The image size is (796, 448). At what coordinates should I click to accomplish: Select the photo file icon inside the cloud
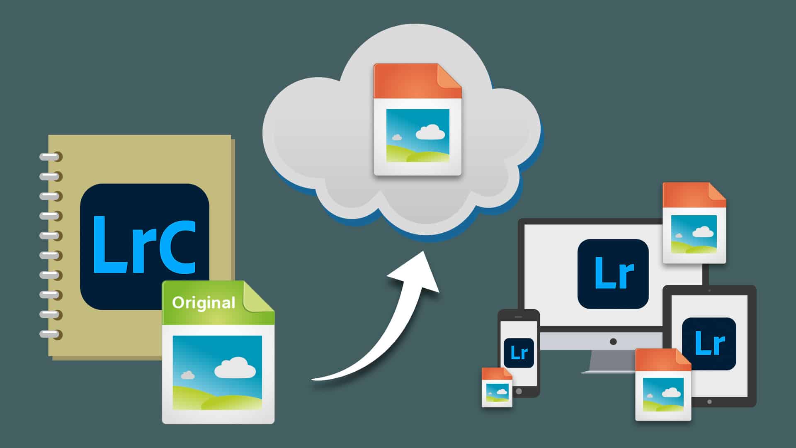[x=417, y=119]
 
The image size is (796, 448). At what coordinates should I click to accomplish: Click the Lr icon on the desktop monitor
[x=613, y=274]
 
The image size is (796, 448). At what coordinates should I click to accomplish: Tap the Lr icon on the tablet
[x=709, y=343]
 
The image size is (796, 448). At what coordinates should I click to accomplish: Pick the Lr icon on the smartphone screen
[x=519, y=353]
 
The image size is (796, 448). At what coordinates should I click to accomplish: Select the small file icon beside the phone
[x=497, y=387]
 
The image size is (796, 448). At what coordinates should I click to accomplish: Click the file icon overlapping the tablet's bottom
[x=663, y=385]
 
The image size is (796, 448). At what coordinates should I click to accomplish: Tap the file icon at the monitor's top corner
[x=694, y=223]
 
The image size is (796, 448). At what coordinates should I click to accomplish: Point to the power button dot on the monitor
[x=613, y=342]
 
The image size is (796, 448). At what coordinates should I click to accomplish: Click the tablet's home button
[x=709, y=402]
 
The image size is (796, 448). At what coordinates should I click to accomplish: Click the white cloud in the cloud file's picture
[x=430, y=132]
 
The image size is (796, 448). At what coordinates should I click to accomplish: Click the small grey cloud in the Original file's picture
[x=188, y=375]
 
